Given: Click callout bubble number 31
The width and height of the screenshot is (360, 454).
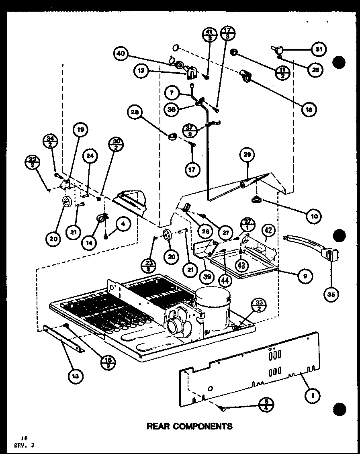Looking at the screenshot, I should click(x=319, y=49).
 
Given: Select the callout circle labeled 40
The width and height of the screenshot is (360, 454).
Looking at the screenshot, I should click(x=122, y=54).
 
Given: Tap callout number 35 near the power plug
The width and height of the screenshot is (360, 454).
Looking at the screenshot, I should click(x=331, y=294).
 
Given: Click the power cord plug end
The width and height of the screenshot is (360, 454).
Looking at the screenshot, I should click(x=331, y=256).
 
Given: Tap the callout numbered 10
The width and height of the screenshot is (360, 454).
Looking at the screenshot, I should click(x=314, y=216).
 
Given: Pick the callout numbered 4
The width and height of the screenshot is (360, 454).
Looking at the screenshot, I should click(x=123, y=225).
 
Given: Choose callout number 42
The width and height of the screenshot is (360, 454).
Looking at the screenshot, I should click(x=268, y=231).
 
